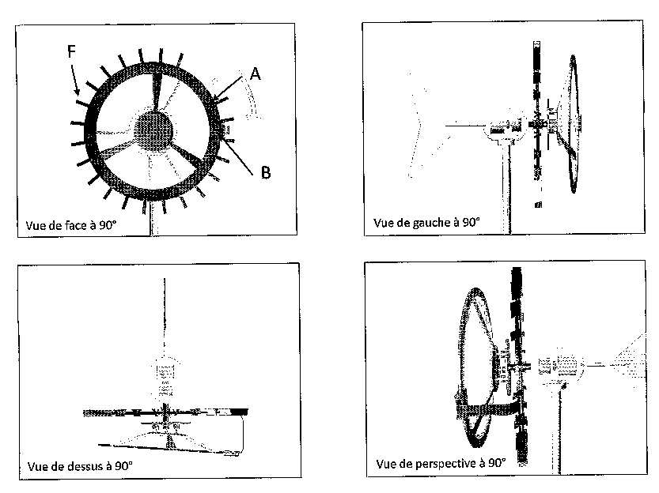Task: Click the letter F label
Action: pos(71,51)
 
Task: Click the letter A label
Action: pos(255,73)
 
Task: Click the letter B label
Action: pos(265,172)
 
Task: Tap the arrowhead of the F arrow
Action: pos(77,91)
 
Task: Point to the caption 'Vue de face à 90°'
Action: pos(70,225)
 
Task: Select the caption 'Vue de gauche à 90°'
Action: pos(426,222)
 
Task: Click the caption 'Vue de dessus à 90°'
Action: pos(80,466)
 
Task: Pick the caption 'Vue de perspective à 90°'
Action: pos(441,464)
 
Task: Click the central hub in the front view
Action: pos(153,131)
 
